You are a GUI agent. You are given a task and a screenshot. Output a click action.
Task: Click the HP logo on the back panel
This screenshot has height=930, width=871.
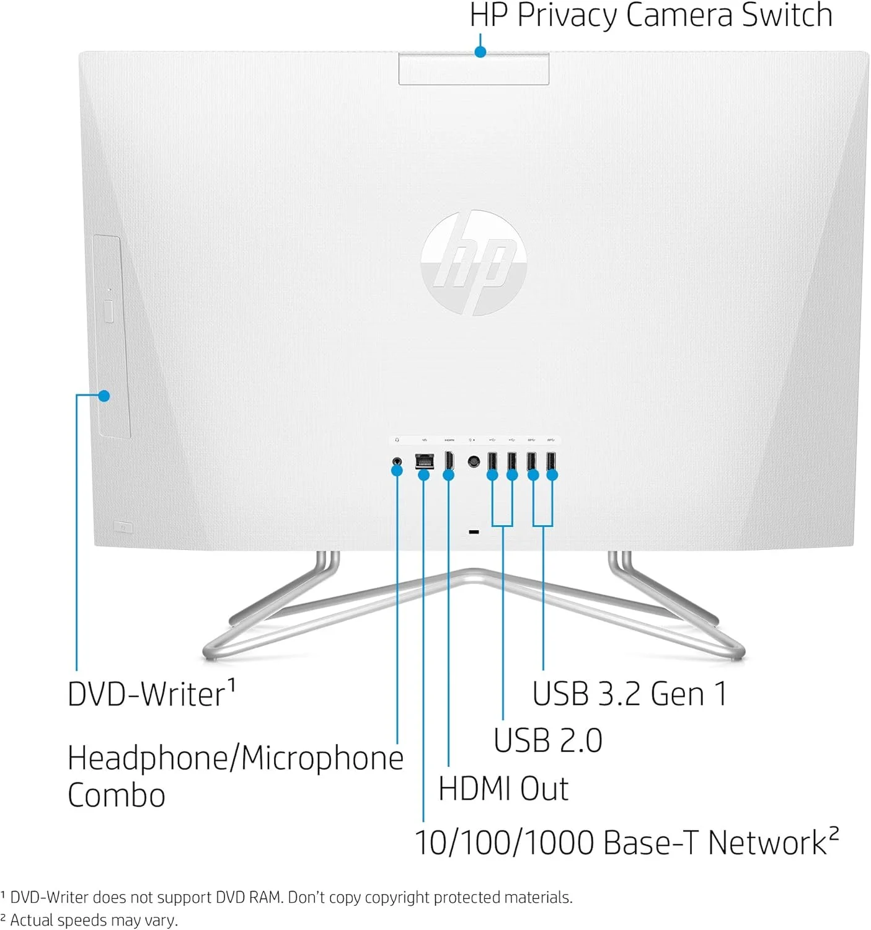click(x=474, y=263)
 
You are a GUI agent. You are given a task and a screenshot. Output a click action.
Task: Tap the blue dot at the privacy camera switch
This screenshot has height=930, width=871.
click(x=480, y=51)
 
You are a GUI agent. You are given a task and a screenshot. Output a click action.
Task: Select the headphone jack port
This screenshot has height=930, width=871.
click(x=397, y=462)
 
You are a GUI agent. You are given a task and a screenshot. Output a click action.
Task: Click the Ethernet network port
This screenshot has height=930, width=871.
click(x=424, y=461)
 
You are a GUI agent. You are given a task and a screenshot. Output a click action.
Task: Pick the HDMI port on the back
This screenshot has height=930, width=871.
click(x=449, y=461)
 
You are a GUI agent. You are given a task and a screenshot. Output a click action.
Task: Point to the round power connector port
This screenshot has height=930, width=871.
click(x=474, y=462)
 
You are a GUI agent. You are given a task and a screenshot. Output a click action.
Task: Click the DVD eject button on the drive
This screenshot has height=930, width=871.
click(x=108, y=311)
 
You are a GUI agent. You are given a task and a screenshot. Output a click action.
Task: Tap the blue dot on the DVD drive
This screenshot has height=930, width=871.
click(x=104, y=396)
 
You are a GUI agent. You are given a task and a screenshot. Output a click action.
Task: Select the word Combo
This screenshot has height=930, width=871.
click(x=116, y=795)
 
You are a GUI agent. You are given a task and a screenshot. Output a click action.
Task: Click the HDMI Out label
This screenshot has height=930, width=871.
click(x=503, y=789)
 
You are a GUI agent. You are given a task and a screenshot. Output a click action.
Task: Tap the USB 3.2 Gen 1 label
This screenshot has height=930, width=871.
click(x=629, y=694)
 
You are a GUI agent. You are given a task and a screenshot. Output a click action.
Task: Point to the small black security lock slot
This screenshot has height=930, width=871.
click(x=474, y=532)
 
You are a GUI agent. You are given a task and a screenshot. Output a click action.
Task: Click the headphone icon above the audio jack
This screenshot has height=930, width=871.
click(x=397, y=440)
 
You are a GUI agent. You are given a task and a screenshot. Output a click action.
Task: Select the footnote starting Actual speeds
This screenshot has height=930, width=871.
click(x=89, y=919)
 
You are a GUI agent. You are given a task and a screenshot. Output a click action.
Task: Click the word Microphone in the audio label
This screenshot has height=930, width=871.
click(x=322, y=758)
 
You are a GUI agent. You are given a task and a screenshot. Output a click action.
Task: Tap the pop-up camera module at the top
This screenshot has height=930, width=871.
click(x=474, y=69)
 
